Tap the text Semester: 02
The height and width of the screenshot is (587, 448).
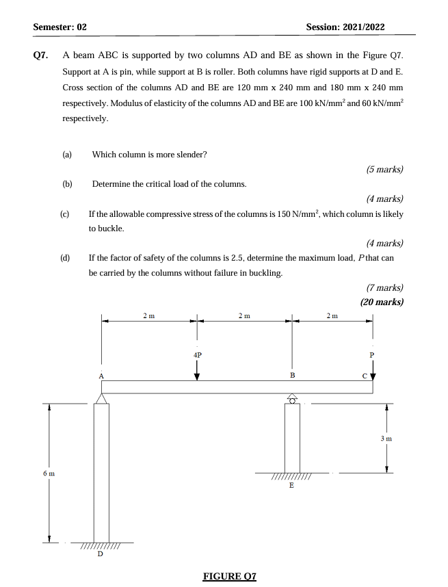tap(60, 27)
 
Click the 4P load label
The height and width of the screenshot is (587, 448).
tap(197, 355)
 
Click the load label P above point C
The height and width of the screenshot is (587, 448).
tap(372, 355)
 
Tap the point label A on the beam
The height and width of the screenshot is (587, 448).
tap(101, 376)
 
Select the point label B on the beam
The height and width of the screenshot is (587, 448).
tap(292, 376)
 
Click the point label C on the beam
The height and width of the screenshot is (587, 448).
tap(365, 376)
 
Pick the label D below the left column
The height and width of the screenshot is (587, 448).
tap(101, 554)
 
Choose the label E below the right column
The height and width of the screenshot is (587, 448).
tap(291, 485)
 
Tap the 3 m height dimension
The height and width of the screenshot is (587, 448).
tap(386, 437)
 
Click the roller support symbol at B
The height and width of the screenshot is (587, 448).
tap(292, 399)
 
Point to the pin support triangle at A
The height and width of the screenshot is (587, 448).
tap(101, 399)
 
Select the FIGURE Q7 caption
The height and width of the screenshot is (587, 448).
tap(229, 576)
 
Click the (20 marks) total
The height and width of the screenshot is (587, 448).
tap(381, 302)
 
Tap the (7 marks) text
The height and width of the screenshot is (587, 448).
tap(384, 288)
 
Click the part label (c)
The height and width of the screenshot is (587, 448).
tap(64, 214)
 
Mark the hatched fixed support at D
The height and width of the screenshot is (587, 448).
tap(101, 546)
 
